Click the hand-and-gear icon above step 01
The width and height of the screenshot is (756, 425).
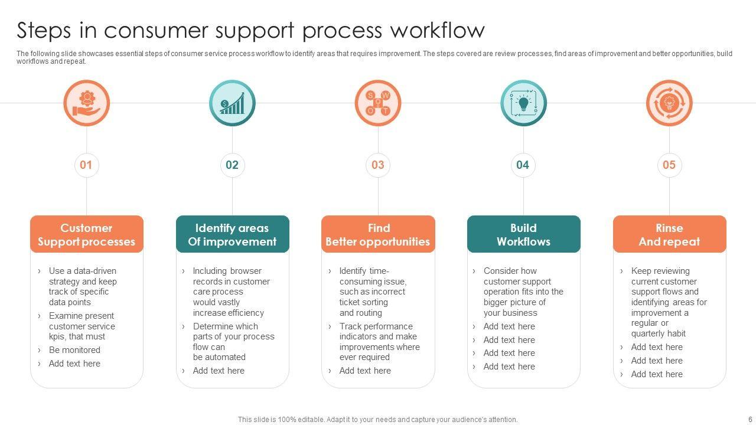pos(87,103)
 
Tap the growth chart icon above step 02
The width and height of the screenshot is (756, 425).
pos(232,103)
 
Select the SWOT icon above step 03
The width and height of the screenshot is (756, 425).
pos(378,103)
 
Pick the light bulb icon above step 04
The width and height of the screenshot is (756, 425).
pos(523,103)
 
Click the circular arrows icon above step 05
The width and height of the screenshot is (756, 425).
pos(669,103)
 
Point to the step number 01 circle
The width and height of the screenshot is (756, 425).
pos(86,165)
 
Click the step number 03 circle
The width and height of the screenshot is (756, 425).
pos(378,165)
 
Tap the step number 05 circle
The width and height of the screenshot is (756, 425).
pos(669,165)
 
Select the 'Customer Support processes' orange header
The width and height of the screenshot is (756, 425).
pos(87,234)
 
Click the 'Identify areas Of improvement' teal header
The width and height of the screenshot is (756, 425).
pos(232,234)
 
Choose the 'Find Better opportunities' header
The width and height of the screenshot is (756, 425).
pos(378,234)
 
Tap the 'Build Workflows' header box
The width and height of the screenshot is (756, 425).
pos(523,234)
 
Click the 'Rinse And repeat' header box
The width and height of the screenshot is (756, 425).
pos(669,234)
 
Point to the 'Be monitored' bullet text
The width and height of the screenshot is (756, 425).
pos(74,350)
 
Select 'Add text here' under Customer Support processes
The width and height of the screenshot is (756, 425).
pos(74,364)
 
